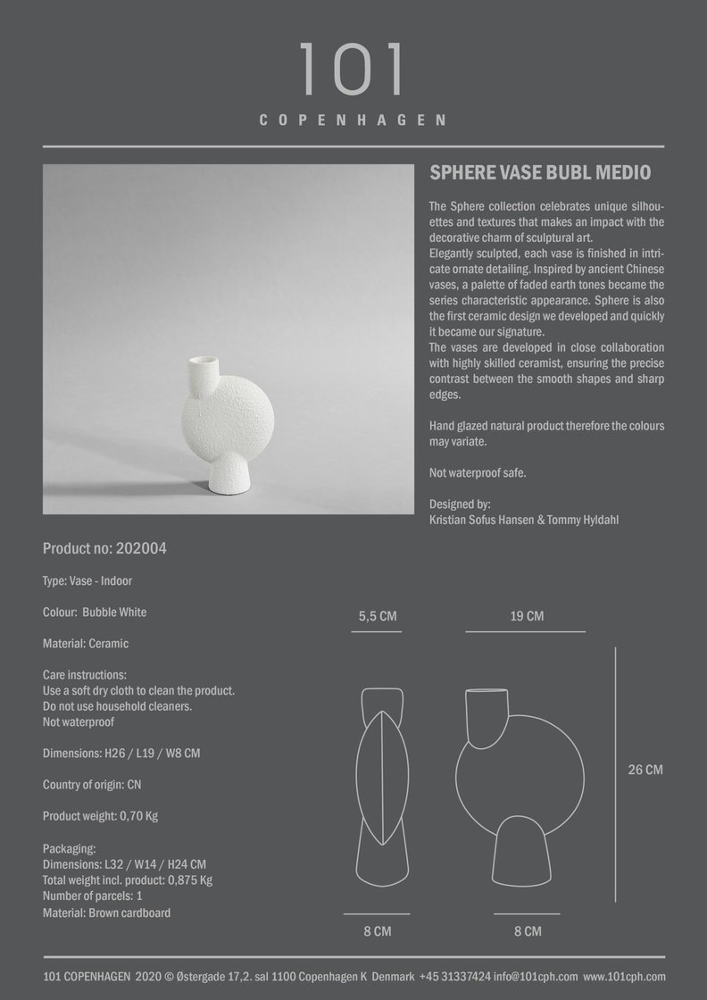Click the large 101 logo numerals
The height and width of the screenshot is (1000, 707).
pos(353,70)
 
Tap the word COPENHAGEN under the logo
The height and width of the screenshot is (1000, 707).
pos(353,121)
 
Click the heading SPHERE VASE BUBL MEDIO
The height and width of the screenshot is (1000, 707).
pos(540,172)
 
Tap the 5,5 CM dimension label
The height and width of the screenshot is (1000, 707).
pos(378,616)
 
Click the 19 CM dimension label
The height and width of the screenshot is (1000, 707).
pos(527,616)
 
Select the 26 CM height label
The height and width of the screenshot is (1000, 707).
pos(645,770)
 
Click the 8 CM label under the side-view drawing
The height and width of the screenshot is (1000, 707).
pos(378,931)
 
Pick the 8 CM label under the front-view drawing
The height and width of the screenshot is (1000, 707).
pos(527,931)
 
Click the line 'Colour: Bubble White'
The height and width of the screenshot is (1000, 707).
pos(95,612)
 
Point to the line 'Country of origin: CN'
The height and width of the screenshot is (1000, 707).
pos(92,785)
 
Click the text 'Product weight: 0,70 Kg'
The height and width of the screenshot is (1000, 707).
pos(100,816)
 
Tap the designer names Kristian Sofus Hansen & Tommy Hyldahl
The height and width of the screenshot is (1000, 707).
pos(524,519)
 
